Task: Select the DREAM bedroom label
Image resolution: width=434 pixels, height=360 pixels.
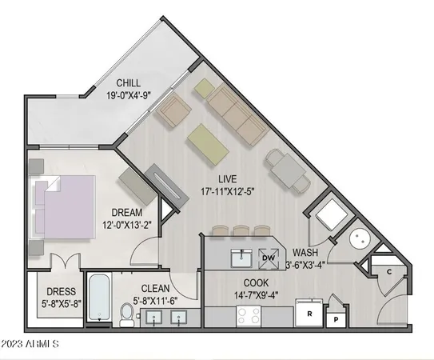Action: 127,212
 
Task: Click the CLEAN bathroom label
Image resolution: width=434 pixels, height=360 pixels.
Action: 159,289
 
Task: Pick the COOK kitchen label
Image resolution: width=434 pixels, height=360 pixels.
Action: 256,282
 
